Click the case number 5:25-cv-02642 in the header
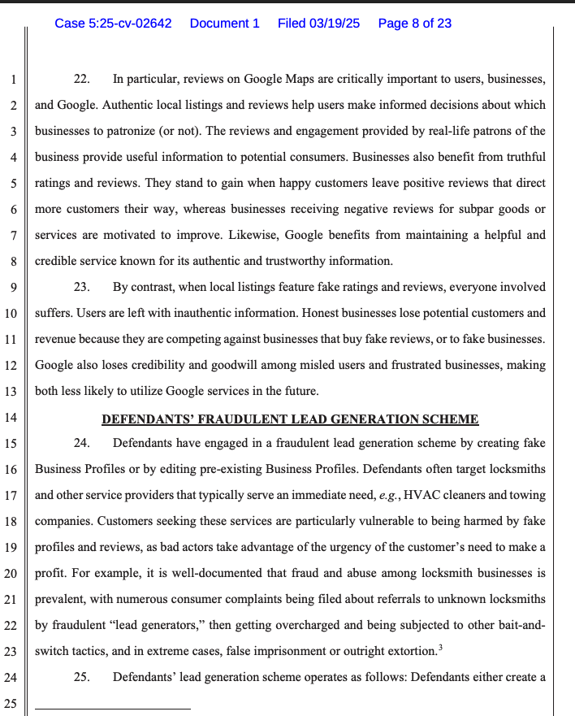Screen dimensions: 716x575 [x=113, y=24]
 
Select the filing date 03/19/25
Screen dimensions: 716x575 [x=334, y=24]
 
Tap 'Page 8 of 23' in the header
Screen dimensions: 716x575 [x=415, y=24]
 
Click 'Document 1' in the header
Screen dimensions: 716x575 [x=224, y=24]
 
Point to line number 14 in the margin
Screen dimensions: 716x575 [x=12, y=419]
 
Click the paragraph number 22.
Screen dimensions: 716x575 [x=81, y=80]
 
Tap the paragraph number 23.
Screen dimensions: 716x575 [x=81, y=288]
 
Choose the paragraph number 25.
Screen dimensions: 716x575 [x=81, y=676]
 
